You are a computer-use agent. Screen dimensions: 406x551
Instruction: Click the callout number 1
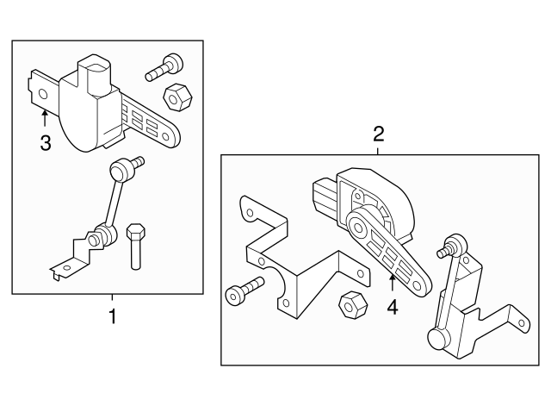click(x=110, y=316)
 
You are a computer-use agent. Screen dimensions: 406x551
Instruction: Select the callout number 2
click(x=377, y=134)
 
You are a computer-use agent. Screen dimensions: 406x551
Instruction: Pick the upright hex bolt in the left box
click(x=135, y=246)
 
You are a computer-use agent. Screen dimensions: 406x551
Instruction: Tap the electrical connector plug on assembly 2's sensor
click(x=323, y=191)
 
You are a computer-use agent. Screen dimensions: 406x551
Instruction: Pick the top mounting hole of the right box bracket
click(x=248, y=209)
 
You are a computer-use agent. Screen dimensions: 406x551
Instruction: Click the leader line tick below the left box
click(x=110, y=299)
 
